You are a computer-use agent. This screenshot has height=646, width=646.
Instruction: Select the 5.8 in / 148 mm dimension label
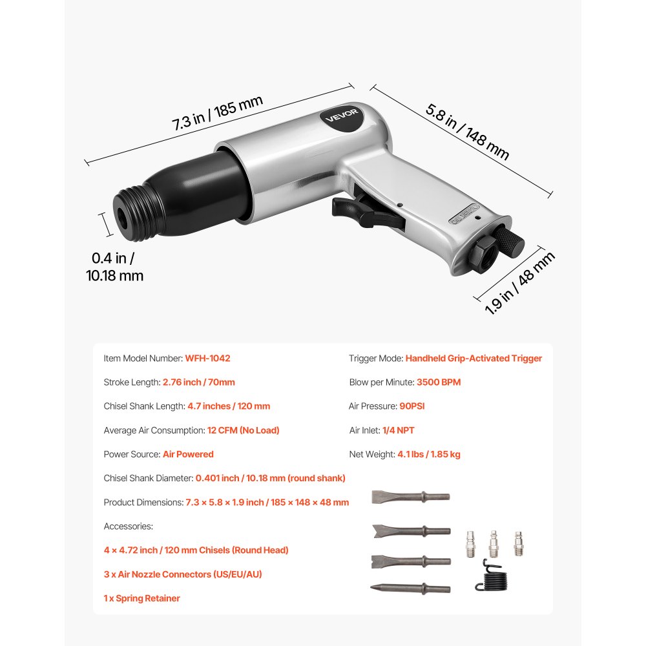pos(467,132)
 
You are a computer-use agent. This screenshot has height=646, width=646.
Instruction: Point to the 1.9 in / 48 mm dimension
pos(519,282)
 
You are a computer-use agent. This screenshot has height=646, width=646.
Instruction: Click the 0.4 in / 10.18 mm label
pos(114,267)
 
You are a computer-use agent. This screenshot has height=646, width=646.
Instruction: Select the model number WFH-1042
pos(208,358)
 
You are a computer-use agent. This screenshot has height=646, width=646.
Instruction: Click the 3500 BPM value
pos(439,382)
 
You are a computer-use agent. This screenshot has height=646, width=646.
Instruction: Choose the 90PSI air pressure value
pos(412,406)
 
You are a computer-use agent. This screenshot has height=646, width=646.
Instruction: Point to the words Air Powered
pos(188,454)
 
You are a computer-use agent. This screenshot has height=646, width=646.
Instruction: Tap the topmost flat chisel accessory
pos(410,497)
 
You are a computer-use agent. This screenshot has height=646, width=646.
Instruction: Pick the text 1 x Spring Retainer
pos(142,598)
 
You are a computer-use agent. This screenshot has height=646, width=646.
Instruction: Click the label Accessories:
pos(129,526)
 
